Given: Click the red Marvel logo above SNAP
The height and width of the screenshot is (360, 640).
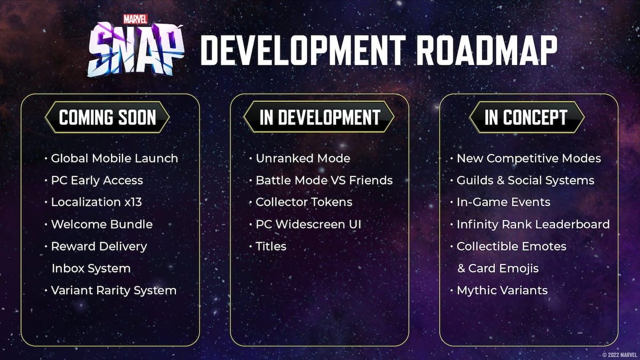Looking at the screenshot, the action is pyautogui.click(x=135, y=19).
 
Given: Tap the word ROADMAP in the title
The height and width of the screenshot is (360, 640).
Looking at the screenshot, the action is pyautogui.click(x=486, y=50).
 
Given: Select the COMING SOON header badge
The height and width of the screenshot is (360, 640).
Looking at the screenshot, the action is pyautogui.click(x=107, y=117).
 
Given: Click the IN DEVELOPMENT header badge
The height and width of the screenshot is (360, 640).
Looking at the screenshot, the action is pyautogui.click(x=319, y=117).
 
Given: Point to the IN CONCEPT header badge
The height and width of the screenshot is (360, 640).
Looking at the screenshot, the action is pyautogui.click(x=526, y=117).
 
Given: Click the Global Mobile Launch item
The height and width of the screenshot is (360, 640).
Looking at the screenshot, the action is pyautogui.click(x=114, y=158).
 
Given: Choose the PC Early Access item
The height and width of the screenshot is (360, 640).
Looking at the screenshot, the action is pyautogui.click(x=97, y=180).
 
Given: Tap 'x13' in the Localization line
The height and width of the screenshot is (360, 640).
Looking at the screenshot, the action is pyautogui.click(x=133, y=202).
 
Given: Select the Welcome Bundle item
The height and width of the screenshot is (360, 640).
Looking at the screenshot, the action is pyautogui.click(x=102, y=225).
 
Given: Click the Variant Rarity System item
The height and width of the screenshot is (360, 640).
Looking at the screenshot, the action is pyautogui.click(x=114, y=291).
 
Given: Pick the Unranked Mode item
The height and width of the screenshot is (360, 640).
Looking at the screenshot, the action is pyautogui.click(x=303, y=158).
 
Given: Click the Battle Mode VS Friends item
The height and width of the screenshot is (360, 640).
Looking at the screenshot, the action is pyautogui.click(x=324, y=180).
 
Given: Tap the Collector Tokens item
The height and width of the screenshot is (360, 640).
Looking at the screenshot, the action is pyautogui.click(x=304, y=202).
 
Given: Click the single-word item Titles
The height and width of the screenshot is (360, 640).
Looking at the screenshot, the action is pyautogui.click(x=271, y=246).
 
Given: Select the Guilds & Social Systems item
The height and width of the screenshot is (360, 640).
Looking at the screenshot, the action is pyautogui.click(x=525, y=180).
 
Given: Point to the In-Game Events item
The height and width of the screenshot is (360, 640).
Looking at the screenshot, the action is pyautogui.click(x=503, y=202).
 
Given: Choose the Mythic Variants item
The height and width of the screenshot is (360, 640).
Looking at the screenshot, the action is pyautogui.click(x=502, y=291).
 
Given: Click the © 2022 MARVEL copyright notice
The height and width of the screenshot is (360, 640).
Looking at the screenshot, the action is pyautogui.click(x=619, y=355).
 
